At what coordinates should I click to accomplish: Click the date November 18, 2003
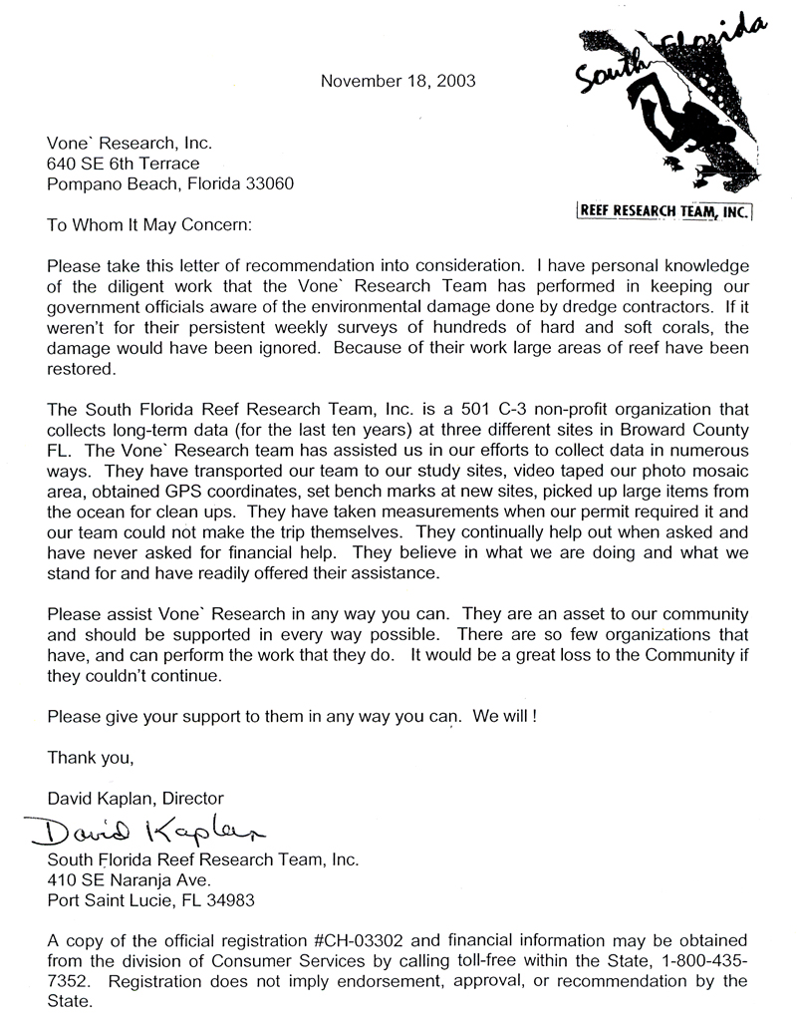pyautogui.click(x=398, y=81)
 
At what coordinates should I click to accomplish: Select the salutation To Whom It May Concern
pyautogui.click(x=150, y=226)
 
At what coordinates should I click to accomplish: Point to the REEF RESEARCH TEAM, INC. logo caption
pyautogui.click(x=664, y=210)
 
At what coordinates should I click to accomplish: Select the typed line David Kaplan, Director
pyautogui.click(x=135, y=798)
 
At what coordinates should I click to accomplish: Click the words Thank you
pyautogui.click(x=91, y=758)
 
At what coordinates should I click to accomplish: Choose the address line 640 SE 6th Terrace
pyautogui.click(x=124, y=164)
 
